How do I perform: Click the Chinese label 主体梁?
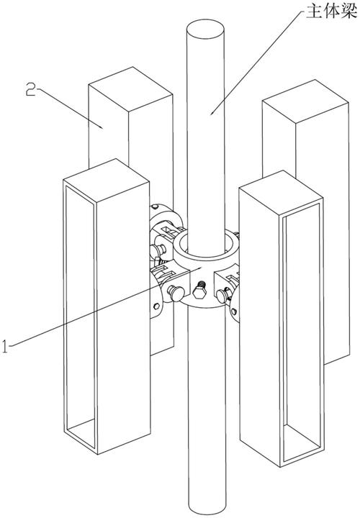pyautogui.click(x=332, y=12)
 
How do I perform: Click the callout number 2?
pyautogui.click(x=31, y=89)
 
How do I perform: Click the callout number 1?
pyautogui.click(x=4, y=346)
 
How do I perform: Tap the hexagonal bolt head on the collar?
pyautogui.click(x=199, y=293)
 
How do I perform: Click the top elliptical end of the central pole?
pyautogui.click(x=205, y=28)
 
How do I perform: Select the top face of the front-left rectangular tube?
pyautogui.click(x=106, y=176)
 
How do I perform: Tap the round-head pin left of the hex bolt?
pyautogui.click(x=175, y=293)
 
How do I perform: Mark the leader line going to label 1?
pyautogui.click(x=105, y=307)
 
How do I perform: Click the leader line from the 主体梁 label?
pyautogui.click(x=256, y=63)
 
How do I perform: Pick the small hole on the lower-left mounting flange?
pyautogui.click(x=156, y=306)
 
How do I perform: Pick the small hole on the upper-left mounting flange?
pyautogui.click(x=155, y=207)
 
